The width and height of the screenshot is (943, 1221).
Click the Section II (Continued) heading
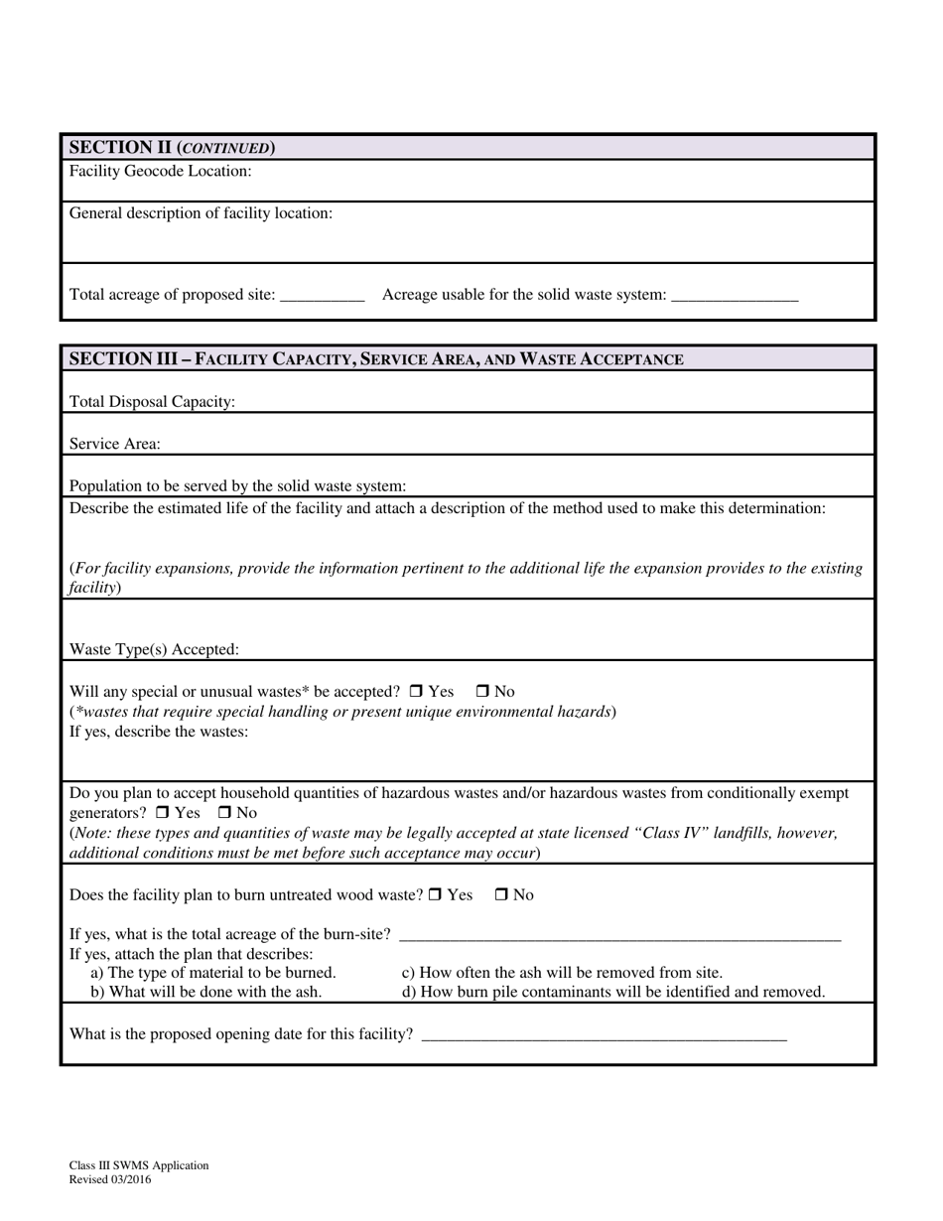click(x=172, y=148)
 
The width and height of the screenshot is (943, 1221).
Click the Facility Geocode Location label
click(x=160, y=171)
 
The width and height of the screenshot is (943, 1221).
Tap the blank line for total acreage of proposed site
click(x=324, y=296)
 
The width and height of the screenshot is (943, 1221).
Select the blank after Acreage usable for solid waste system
click(x=735, y=296)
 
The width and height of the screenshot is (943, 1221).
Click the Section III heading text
click(x=375, y=358)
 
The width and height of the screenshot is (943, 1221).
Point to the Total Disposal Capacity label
click(x=152, y=402)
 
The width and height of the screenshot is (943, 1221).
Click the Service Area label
click(x=114, y=444)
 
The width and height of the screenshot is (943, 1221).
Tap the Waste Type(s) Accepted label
click(x=154, y=649)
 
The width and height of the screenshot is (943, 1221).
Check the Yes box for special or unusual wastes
click(x=417, y=691)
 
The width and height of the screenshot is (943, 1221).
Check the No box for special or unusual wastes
click(x=483, y=691)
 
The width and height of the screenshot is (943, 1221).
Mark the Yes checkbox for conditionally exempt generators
click(x=163, y=813)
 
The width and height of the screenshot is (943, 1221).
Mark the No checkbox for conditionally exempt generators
click(x=225, y=813)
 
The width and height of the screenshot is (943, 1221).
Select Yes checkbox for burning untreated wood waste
click(x=436, y=894)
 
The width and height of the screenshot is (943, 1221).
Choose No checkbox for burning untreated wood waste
click(x=501, y=894)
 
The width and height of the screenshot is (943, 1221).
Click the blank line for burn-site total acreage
click(x=619, y=935)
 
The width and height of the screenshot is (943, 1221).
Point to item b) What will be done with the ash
click(x=205, y=991)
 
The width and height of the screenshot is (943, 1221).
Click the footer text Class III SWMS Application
click(x=139, y=1165)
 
